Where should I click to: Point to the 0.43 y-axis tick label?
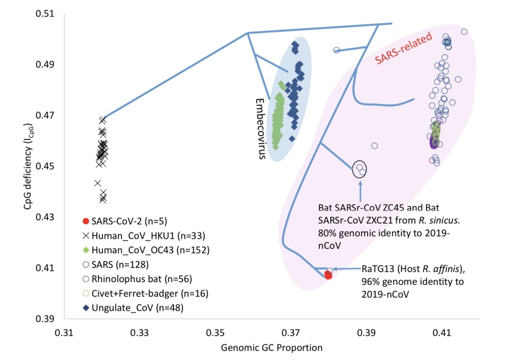pyautogui.click(x=47, y=217)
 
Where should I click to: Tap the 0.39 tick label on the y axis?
pyautogui.click(x=47, y=319)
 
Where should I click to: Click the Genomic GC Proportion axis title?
pyautogui.click(x=271, y=348)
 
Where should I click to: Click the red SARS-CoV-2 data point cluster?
pyautogui.click(x=328, y=276)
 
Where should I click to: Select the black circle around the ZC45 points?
pyautogui.click(x=360, y=168)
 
